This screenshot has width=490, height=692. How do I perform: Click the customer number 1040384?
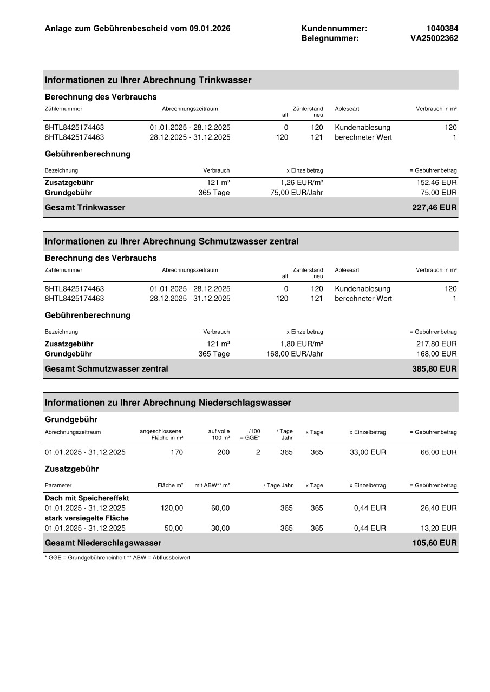[442, 28]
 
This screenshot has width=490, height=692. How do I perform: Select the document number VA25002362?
[434, 38]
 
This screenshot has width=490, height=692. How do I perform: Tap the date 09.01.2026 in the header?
[210, 28]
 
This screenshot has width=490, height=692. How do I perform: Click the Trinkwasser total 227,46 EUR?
[434, 207]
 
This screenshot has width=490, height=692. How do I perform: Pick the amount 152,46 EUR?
[436, 182]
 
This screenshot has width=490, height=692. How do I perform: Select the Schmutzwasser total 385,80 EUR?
[434, 368]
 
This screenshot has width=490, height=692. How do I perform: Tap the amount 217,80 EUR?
[436, 344]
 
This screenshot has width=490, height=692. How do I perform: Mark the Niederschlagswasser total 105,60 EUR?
[434, 543]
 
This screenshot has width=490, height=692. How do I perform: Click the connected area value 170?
[177, 452]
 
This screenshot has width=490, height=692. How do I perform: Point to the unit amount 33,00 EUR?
[370, 452]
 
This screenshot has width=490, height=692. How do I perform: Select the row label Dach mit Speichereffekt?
[87, 498]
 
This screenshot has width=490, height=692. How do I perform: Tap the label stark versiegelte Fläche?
[87, 518]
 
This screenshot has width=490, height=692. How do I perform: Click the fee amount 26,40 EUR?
[439, 508]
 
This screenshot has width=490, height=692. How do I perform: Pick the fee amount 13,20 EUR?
[439, 528]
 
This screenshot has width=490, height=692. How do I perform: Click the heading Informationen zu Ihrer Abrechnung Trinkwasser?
[148, 80]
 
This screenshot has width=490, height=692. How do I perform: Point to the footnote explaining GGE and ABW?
[117, 557]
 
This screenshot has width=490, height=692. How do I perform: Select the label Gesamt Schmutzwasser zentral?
[106, 368]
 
